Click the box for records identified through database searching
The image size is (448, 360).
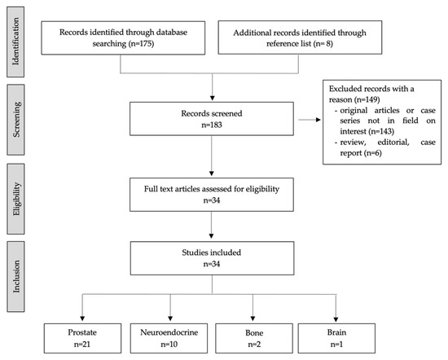(x=120, y=39)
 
